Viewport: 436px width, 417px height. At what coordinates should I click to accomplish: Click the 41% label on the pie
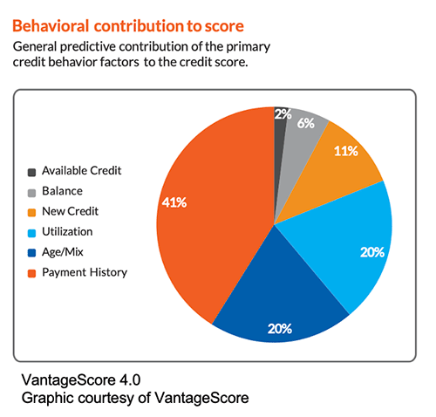174,202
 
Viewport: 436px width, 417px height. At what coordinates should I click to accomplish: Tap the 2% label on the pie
283,114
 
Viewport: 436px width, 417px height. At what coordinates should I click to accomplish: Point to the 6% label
305,123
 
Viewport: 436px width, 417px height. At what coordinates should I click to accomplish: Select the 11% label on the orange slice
345,151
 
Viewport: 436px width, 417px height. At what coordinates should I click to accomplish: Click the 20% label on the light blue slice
372,252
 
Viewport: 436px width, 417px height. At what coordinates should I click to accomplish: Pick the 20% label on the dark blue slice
280,329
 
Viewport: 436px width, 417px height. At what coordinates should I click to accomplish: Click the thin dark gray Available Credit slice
279,146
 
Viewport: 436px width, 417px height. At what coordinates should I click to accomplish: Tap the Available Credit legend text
82,171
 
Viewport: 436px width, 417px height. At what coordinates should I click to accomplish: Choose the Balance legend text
62,191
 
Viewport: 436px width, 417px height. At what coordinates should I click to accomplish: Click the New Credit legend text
71,211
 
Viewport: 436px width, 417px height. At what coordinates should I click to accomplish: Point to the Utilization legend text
67,232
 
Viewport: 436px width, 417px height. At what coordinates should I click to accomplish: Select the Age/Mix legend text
63,252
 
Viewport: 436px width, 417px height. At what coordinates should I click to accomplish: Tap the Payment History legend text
85,273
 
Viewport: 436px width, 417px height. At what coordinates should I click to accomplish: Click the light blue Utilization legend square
31,233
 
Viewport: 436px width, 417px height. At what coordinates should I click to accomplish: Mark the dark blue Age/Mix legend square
31,253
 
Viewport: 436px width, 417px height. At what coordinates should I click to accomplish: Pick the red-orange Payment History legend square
31,274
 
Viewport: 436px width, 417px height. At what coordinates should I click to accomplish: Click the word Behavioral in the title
51,26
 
